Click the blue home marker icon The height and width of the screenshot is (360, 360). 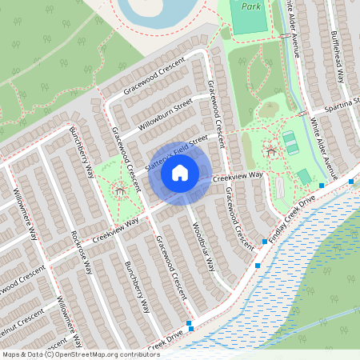click(x=180, y=171)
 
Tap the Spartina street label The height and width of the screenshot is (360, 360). click(x=342, y=109)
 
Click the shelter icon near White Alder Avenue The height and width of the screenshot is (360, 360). click(x=270, y=150)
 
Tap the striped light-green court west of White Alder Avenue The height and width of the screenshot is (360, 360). click(x=290, y=142)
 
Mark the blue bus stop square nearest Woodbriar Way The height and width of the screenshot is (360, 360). click(x=258, y=265)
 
